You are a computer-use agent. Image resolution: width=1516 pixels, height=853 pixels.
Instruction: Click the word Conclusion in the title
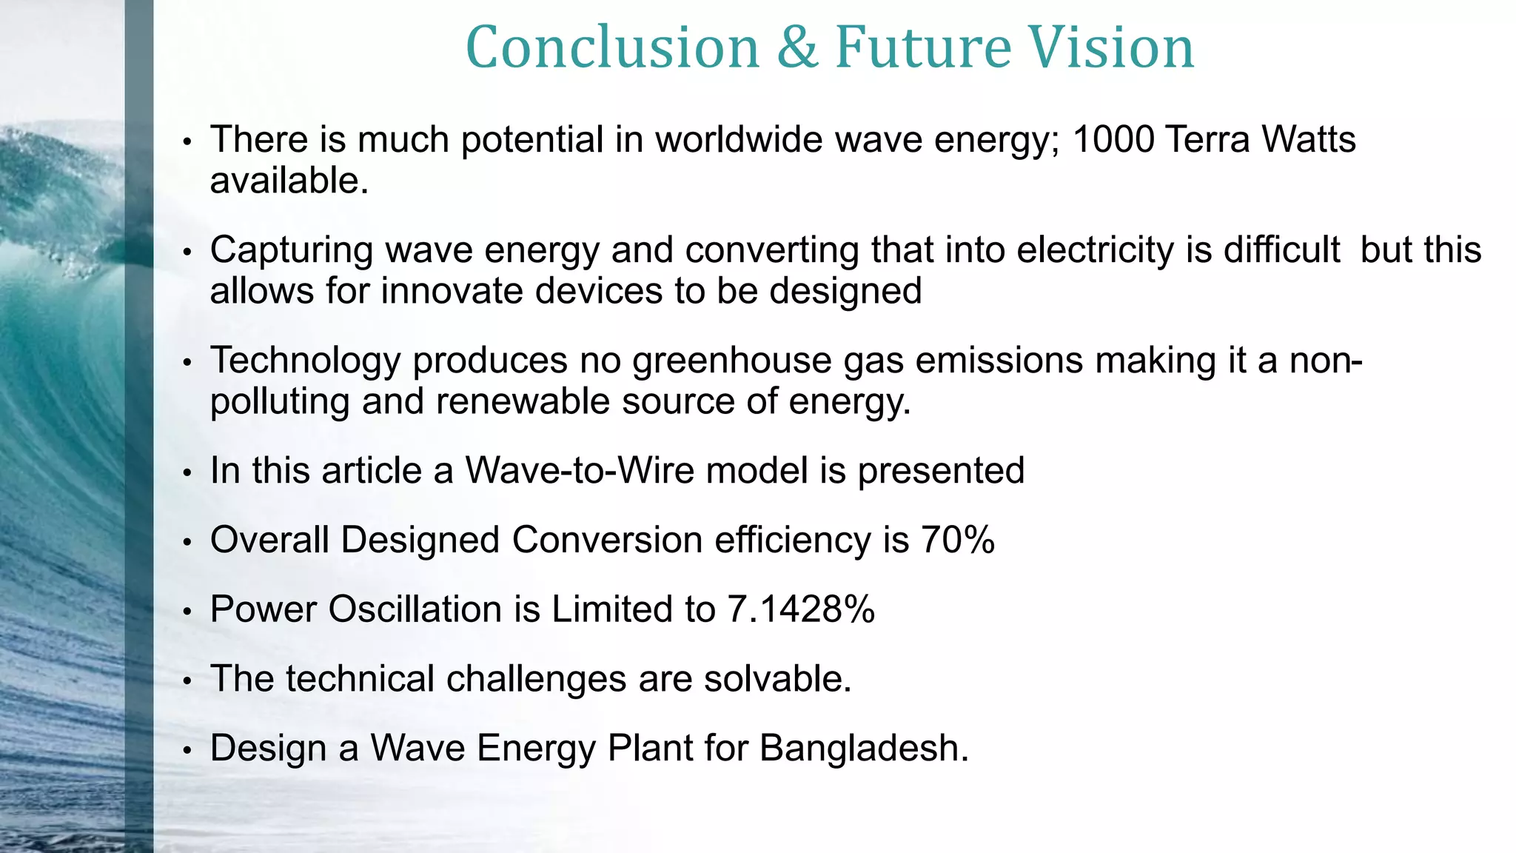click(x=613, y=47)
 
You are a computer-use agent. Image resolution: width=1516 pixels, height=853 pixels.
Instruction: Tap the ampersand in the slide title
click(x=797, y=47)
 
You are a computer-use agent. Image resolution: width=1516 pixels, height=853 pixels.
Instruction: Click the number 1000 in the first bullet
click(x=1113, y=139)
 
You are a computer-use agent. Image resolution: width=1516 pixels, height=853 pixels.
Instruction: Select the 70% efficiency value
click(x=958, y=539)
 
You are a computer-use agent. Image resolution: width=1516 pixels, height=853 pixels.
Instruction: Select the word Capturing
click(x=292, y=251)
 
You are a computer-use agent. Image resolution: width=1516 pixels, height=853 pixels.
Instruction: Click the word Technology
click(x=306, y=362)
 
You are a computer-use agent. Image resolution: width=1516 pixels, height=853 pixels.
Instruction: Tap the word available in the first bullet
click(x=289, y=181)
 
